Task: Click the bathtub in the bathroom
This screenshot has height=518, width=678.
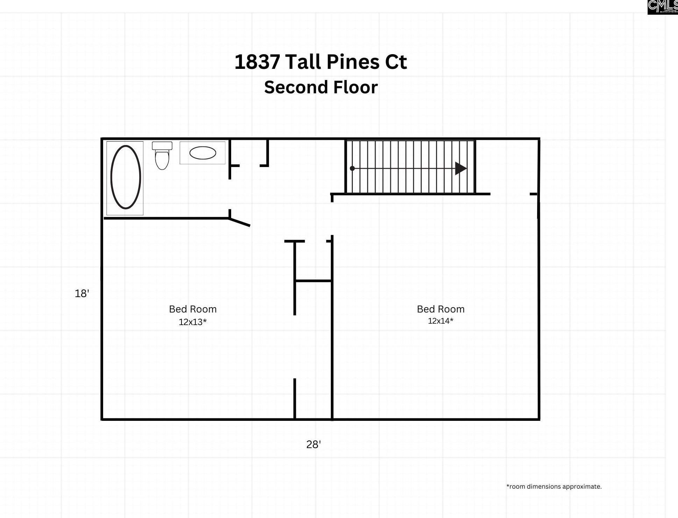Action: [x=126, y=177]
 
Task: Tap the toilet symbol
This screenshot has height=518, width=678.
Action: [x=162, y=156]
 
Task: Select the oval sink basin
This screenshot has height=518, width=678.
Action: [x=203, y=153]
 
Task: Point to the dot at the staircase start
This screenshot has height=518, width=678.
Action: [x=352, y=168]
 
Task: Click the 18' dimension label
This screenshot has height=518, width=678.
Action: [x=82, y=294]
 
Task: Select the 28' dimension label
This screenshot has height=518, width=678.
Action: [x=313, y=445]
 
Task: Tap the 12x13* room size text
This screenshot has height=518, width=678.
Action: [x=193, y=322]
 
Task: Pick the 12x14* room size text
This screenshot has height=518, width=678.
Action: [x=441, y=321]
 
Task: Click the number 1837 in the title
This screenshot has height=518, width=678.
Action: [x=257, y=62]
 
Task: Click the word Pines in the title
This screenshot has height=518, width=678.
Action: [x=353, y=62]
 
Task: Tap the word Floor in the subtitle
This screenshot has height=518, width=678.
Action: [x=355, y=87]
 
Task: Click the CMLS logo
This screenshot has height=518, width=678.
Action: [x=662, y=7]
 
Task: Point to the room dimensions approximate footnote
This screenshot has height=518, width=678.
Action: [x=554, y=487]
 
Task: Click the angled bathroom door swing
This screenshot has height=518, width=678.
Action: [x=240, y=222]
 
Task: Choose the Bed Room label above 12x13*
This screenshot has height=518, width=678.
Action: [x=193, y=309]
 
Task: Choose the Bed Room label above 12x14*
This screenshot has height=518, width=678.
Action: [x=441, y=309]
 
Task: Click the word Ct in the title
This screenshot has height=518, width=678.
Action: [x=396, y=62]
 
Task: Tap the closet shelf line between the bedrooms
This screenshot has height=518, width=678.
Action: [x=313, y=281]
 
